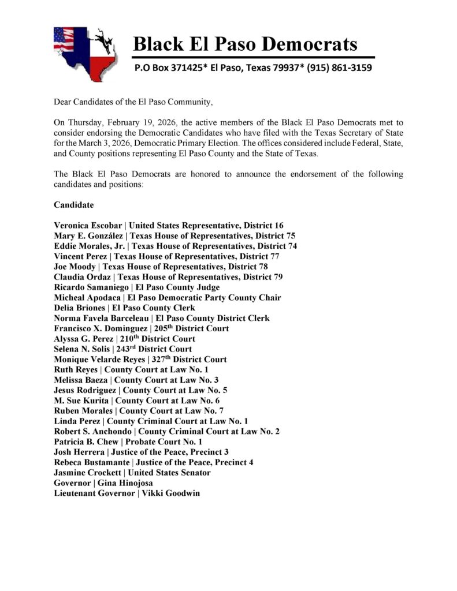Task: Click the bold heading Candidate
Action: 74,205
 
